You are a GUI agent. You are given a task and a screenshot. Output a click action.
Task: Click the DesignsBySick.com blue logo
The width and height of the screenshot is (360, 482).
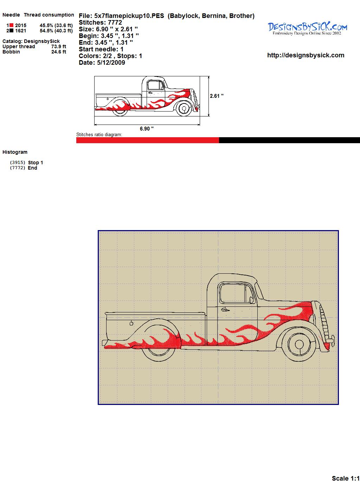307,28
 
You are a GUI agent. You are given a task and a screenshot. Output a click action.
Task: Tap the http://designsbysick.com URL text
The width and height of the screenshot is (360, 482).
306,55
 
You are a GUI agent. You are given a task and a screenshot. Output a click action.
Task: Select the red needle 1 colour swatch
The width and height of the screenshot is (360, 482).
12,25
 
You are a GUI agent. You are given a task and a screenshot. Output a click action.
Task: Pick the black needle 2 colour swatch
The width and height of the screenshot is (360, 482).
12,31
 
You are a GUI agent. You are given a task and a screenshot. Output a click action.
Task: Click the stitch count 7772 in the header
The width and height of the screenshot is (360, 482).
115,23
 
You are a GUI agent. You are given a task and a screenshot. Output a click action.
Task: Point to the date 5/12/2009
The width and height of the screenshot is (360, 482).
111,63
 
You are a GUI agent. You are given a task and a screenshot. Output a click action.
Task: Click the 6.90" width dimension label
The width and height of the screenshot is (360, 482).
147,128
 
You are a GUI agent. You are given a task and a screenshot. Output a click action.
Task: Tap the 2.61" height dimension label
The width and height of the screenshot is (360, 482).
217,96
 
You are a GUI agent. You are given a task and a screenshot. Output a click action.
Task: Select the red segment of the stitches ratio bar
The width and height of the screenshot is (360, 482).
148,140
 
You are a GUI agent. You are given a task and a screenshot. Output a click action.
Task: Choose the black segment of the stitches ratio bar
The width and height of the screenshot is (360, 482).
290,140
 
